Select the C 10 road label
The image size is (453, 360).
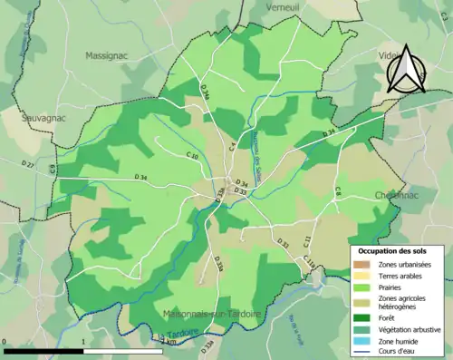coord(192,156)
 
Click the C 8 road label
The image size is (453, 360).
coord(337,190)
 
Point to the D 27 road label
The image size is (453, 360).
coord(28,165)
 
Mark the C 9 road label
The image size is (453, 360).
coord(52,169)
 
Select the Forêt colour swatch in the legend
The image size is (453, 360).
coord(363,317)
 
